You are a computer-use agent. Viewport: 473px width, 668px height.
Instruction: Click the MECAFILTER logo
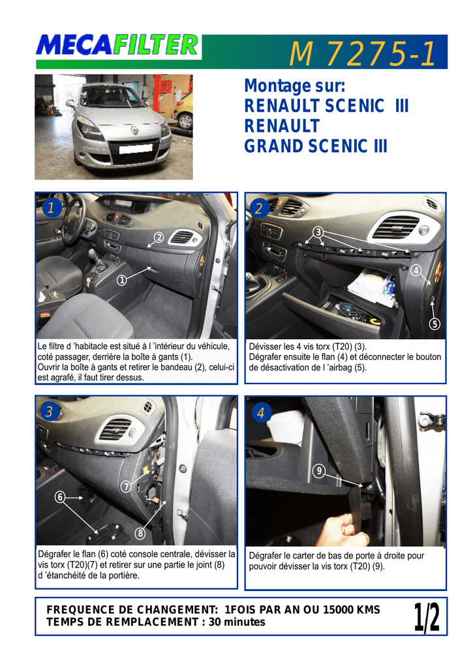coord(118,46)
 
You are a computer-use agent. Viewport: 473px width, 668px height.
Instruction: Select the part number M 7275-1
coord(363,54)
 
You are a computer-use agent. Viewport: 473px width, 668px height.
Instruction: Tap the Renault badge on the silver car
coord(134,130)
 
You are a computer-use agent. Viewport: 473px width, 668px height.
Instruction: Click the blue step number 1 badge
coord(52,208)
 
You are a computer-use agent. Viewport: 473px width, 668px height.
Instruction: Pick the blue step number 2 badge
coord(259,208)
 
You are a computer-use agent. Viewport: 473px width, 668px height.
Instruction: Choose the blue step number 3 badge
coord(50,412)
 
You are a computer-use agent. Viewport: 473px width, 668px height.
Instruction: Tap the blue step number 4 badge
coord(261,412)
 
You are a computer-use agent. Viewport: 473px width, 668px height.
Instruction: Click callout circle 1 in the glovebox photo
coord(122,280)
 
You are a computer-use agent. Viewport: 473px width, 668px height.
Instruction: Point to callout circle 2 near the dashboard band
coord(159,237)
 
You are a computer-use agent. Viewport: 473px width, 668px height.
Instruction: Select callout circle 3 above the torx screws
coord(318,232)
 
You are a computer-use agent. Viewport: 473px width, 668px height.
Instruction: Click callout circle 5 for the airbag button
coord(435,324)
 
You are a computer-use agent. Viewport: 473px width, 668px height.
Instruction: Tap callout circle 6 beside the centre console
coord(60,496)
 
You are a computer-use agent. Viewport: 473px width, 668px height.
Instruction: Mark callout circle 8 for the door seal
coord(140,533)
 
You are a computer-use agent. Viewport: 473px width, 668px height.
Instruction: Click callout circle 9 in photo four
coord(319,471)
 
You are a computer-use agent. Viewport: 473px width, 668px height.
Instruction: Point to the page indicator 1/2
coord(427,617)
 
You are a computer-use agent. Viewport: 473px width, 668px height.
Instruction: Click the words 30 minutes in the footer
coord(237,622)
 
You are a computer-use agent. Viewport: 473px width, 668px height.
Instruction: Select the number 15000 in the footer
coord(338,610)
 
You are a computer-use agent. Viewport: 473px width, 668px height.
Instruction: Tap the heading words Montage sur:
coord(294,86)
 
